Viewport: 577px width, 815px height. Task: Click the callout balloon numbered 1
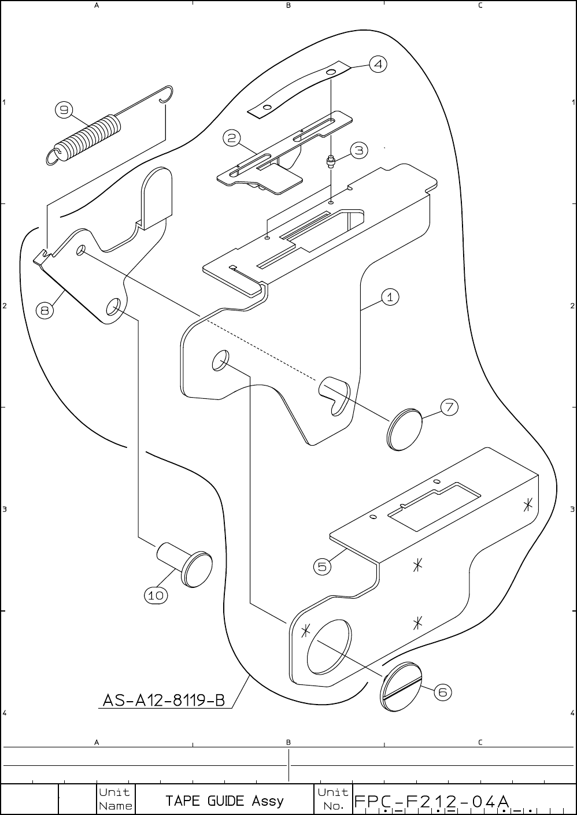390,297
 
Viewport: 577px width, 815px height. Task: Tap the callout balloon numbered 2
231,138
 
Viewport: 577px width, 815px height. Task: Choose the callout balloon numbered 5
323,566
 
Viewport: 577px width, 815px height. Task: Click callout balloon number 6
442,692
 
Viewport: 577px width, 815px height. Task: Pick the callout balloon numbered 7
449,407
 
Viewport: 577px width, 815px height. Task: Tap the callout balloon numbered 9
64,109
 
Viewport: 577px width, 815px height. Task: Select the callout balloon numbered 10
156,595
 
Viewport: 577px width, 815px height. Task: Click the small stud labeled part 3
331,161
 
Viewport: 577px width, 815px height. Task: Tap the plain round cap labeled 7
405,429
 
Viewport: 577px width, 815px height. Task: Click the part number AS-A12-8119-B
164,700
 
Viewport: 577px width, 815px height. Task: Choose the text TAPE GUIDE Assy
224,801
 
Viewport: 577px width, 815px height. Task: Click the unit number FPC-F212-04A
431,802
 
